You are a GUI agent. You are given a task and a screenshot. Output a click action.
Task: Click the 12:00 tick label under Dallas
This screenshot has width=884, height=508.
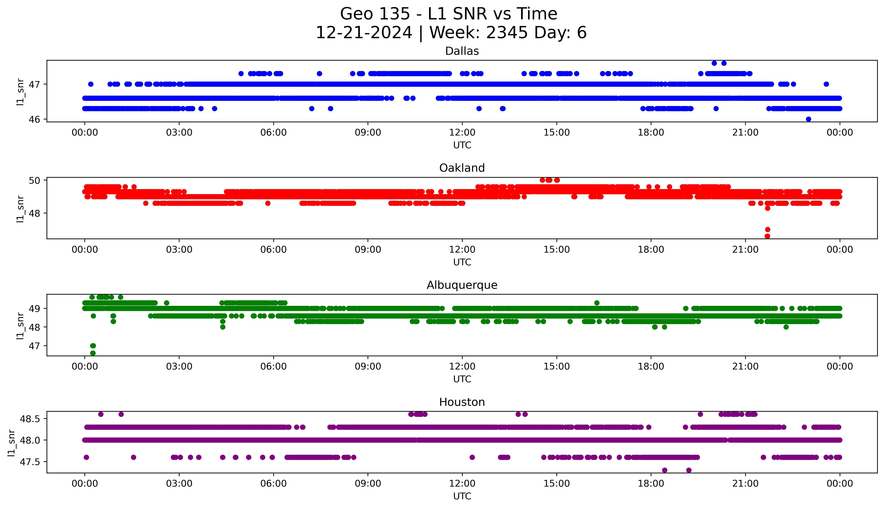pyautogui.click(x=462, y=133)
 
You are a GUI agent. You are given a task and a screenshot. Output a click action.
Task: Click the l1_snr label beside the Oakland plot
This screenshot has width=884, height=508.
pyautogui.click(x=20, y=209)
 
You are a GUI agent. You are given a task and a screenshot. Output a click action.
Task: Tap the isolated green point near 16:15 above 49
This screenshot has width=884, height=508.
pyautogui.click(x=597, y=303)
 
